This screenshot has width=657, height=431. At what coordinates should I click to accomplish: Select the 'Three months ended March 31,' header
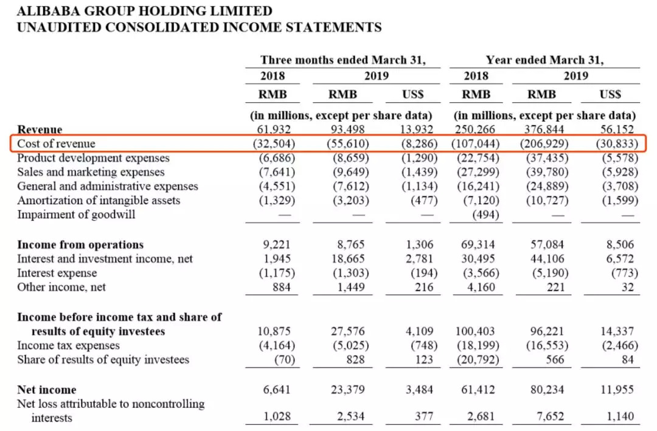point(342,60)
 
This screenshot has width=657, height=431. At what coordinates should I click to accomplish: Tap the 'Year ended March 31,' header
point(544,60)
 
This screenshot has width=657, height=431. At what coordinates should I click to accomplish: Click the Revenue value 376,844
point(543,129)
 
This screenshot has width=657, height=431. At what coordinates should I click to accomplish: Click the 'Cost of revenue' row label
point(56,143)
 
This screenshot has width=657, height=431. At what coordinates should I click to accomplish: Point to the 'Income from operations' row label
point(80,245)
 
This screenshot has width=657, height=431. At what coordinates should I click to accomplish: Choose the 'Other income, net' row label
point(61,287)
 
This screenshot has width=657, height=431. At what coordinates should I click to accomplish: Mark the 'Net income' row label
point(47,390)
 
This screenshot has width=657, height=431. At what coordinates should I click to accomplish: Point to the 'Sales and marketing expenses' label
point(91,172)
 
